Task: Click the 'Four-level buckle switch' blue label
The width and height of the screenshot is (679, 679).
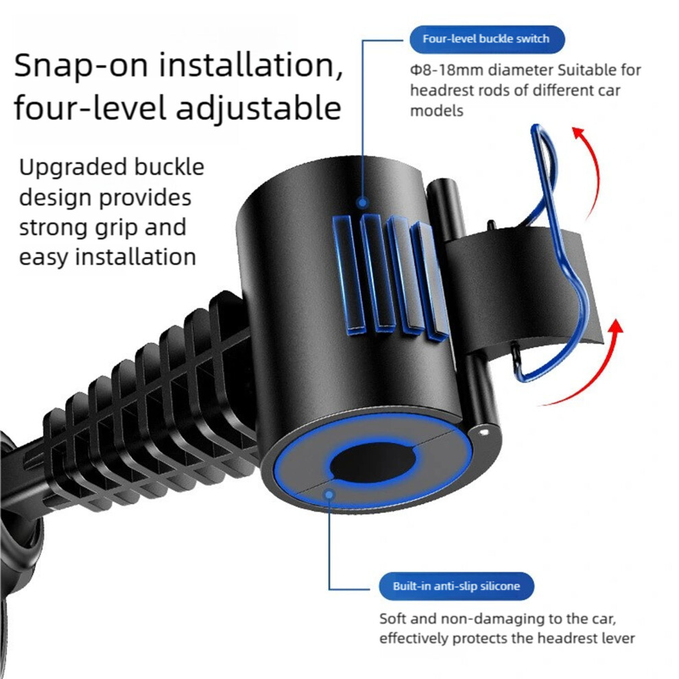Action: coord(487,39)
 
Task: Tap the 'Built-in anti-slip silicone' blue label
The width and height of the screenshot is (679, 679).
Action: coord(456,586)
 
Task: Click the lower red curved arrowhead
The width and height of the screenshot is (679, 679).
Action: coord(615,326)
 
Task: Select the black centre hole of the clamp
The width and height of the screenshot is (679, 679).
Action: coord(373,464)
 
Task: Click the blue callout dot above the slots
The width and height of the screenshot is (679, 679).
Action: coord(363,202)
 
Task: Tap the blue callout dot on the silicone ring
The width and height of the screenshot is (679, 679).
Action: coord(329,494)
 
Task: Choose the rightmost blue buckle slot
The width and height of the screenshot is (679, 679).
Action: coord(429,281)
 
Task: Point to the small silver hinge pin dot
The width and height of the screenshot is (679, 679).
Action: coord(484,431)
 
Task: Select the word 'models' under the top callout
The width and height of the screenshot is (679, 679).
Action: coord(436,111)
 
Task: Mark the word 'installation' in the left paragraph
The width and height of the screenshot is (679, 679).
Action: coord(136,257)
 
